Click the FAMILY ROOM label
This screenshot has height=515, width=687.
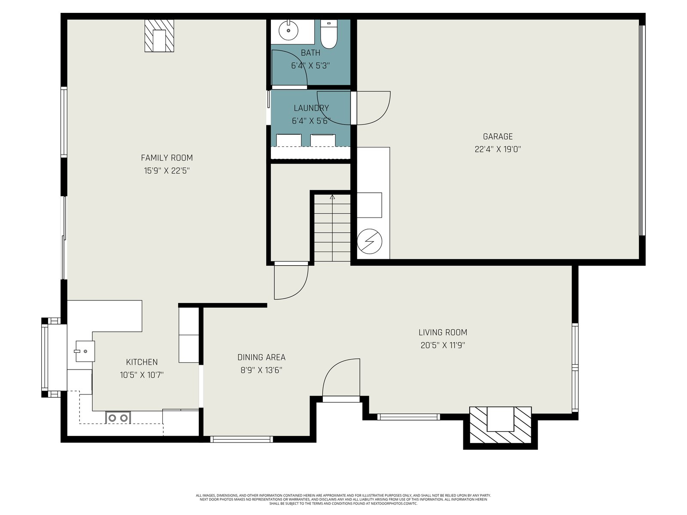pos(167,158)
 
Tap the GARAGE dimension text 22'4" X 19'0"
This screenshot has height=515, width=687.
pos(498,149)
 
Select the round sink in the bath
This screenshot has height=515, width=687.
pos(288,30)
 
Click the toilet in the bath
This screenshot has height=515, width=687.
pos(328,34)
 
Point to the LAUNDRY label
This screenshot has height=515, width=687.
pos(311,108)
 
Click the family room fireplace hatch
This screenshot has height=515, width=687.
pos(159,36)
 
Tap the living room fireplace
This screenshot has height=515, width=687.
pos(501,424)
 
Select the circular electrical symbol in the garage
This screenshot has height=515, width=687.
pos(370,241)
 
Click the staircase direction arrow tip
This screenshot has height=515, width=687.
pos(332,195)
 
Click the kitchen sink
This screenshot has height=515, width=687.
pos(85,351)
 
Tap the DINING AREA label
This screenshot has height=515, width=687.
pos(261,357)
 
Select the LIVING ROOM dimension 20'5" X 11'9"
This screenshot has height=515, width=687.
pos(443,345)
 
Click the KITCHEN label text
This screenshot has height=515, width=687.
pos(142,362)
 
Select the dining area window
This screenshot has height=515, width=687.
pos(241,439)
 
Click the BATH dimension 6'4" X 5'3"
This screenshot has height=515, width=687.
pos(310,66)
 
